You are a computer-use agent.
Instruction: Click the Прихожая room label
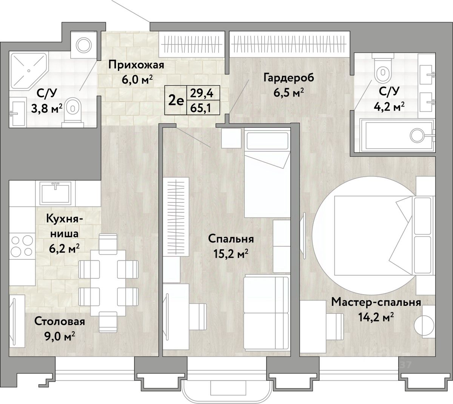click(x=136, y=65)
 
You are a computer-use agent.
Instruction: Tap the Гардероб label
click(x=289, y=78)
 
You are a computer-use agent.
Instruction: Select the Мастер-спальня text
click(x=376, y=302)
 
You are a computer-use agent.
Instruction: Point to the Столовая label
click(x=60, y=322)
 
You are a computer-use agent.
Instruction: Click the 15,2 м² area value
click(x=231, y=254)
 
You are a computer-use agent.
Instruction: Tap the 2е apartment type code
click(x=176, y=101)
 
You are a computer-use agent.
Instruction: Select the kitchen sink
click(x=55, y=193)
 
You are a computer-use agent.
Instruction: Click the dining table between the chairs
click(x=108, y=283)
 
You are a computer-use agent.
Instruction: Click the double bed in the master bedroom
click(x=373, y=236)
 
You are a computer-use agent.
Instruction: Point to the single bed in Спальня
click(x=267, y=173)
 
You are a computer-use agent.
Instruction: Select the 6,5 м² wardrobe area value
click(x=289, y=93)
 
